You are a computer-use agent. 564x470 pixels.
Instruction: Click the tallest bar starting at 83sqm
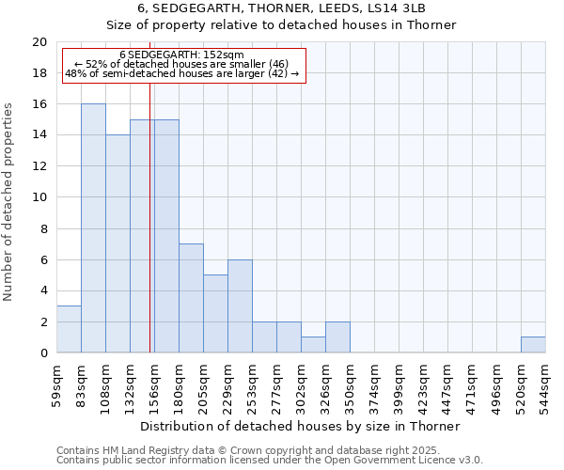coord(93,228)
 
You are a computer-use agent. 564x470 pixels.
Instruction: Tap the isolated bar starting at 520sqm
coord(533,345)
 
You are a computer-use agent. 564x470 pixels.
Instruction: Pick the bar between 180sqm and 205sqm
coord(191,298)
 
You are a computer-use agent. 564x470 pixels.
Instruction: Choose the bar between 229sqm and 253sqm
coord(240,306)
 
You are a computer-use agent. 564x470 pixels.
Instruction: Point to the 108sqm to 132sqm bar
coord(117,243)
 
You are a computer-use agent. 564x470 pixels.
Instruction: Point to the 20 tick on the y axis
coord(39,42)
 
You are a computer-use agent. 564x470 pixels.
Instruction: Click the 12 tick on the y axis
coord(39,166)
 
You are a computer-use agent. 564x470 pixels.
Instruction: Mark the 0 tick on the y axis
coord(42,353)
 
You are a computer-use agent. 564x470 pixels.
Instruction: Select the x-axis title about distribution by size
coord(300,426)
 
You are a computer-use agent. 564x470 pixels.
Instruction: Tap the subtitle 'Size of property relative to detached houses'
coord(281,25)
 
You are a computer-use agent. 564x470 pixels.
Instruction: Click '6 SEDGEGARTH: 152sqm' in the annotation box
coord(182,55)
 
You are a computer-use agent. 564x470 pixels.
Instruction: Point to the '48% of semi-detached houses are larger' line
coord(182,73)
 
